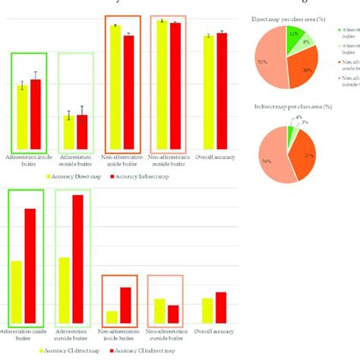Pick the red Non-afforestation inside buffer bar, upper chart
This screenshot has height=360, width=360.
128,91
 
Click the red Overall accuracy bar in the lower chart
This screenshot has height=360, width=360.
221,308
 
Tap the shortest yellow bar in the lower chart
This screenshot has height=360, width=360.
112,317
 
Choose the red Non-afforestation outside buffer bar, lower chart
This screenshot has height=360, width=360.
173,314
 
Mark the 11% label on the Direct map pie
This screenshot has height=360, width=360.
292,34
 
